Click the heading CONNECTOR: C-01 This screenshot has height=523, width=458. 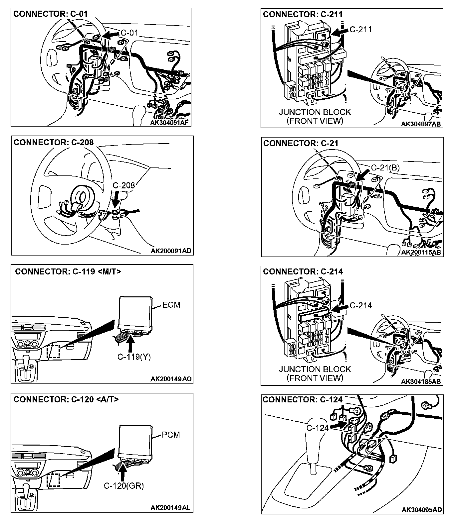coord(50,14)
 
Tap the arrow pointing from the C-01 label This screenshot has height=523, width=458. coord(111,34)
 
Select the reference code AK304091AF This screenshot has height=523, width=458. coord(169,123)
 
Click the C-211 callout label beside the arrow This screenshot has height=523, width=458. coord(361,29)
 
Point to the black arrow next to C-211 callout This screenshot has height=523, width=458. coord(341,31)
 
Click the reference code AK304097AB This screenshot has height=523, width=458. coord(421,124)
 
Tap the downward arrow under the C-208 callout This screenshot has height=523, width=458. coord(115,200)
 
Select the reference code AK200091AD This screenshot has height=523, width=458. coord(171,251)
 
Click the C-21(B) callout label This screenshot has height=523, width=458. coord(385,167)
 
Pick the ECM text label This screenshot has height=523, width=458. coord(171,305)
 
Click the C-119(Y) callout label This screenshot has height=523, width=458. coord(134,357)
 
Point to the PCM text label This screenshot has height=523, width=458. coord(171,435)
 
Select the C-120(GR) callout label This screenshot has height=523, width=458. coord(124,486)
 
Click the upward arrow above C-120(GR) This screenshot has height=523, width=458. coord(123,472)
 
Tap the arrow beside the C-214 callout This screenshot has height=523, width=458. coord(339,309)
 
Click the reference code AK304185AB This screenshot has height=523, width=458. coord(421,381)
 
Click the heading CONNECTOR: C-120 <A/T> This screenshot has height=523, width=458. coord(66,399)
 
